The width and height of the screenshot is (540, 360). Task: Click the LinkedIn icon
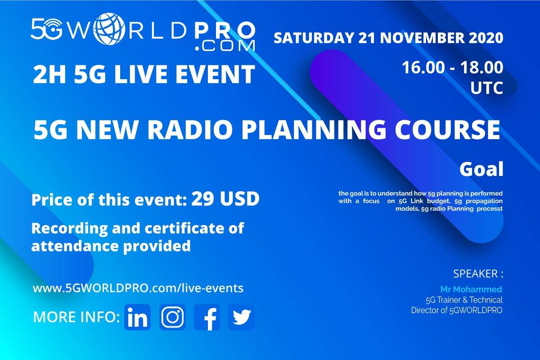click(137, 317)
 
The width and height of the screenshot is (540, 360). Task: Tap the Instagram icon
click(172, 317)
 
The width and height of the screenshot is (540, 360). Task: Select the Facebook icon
click(207, 317)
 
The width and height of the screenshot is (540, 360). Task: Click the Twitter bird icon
click(241, 317)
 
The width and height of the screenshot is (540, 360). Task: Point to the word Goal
click(481, 169)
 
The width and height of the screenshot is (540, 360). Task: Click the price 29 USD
click(225, 199)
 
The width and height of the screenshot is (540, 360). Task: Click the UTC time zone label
click(487, 88)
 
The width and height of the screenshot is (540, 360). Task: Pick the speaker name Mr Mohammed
click(471, 289)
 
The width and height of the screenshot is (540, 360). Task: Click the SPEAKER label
click(478, 274)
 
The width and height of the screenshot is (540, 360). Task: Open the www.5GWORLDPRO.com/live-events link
click(138, 288)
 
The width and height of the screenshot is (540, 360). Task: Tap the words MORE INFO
click(76, 317)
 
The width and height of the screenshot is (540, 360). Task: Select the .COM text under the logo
click(225, 46)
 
